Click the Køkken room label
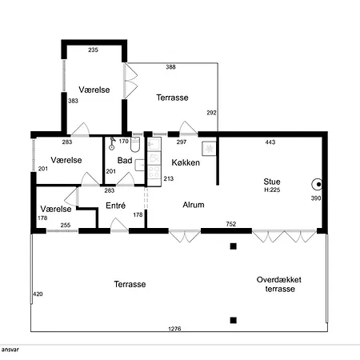point(186,162)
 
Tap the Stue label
point(272,182)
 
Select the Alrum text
point(194,205)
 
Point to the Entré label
point(115,206)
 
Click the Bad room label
point(125,160)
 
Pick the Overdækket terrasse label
point(279,284)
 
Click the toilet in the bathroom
point(135,145)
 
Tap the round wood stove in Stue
point(318,184)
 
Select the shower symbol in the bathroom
point(112,143)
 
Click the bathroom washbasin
point(140,165)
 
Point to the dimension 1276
point(174,329)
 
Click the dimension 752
point(231,224)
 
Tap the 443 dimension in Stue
point(270,142)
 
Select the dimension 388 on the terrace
point(170,67)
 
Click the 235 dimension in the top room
point(93,50)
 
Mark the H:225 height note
point(272,190)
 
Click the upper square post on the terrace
point(234,246)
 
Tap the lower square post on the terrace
point(234,320)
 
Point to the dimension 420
point(38,294)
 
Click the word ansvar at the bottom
point(10,350)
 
